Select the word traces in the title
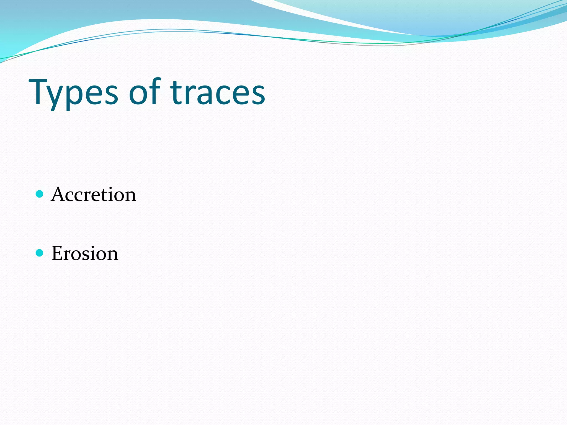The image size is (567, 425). click(x=218, y=93)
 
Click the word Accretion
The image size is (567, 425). click(x=94, y=194)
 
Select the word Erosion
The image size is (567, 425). click(x=85, y=253)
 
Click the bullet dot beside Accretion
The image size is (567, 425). click(x=40, y=194)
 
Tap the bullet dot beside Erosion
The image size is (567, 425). click(x=40, y=253)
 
